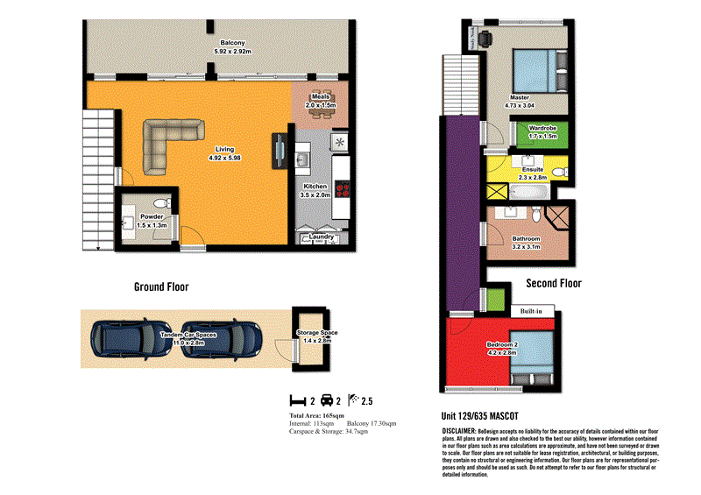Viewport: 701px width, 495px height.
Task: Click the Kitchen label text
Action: point(315,187)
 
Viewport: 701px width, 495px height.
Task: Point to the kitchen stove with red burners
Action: point(341,190)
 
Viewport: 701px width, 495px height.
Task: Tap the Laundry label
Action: point(320,237)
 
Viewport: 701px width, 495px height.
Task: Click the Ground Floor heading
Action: point(160,286)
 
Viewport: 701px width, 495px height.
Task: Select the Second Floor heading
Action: point(553,283)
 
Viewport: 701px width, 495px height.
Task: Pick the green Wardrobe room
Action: point(543,133)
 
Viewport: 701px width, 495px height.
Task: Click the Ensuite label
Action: point(531,169)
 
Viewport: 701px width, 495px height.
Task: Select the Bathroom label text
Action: point(527,239)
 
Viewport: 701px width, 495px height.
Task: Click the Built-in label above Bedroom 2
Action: point(532,310)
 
